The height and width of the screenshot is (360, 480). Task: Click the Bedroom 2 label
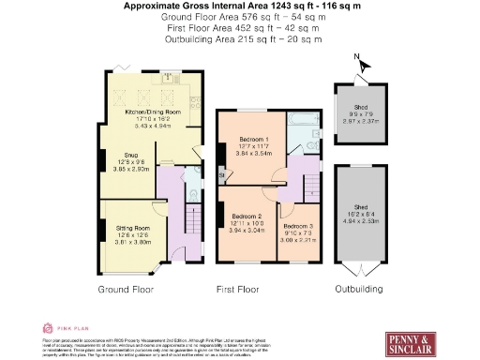click(247, 216)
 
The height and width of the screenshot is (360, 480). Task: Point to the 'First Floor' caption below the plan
click(238, 290)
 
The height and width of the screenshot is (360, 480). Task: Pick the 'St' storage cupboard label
click(222, 173)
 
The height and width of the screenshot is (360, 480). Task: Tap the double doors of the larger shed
click(360, 270)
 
